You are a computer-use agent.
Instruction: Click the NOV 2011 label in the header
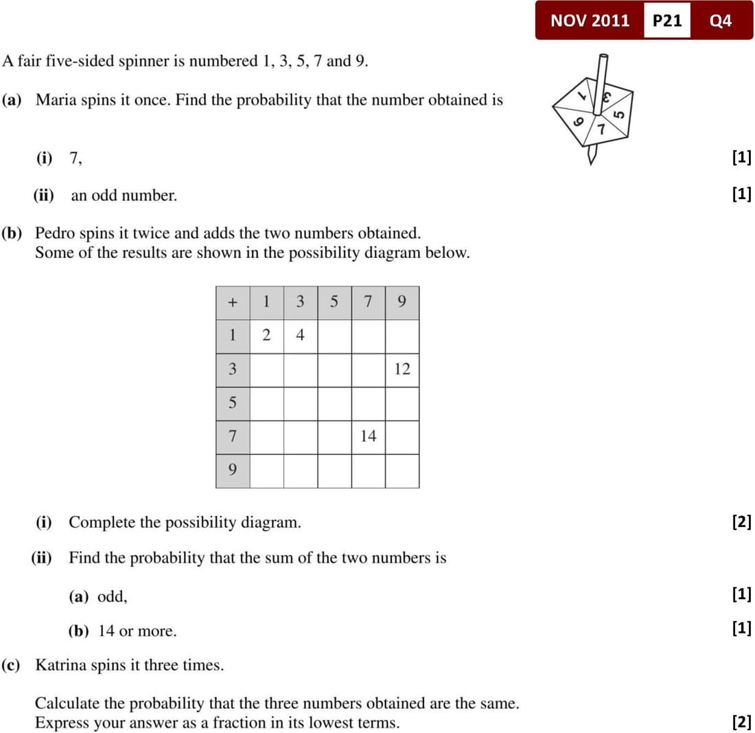590,21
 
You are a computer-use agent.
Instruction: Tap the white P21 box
666,21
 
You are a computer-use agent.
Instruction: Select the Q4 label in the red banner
721,21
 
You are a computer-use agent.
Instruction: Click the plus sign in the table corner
233,302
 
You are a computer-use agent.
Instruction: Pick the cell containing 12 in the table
402,369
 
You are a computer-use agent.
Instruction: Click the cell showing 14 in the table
369,437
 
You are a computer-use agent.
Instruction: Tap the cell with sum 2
266,336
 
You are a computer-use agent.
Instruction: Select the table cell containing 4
300,336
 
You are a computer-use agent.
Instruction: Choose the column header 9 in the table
402,302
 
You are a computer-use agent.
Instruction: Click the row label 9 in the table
233,470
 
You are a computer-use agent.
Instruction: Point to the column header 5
334,302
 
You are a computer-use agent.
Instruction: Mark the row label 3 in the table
233,369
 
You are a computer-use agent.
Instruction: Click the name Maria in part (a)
55,100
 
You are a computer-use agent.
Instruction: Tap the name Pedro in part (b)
55,233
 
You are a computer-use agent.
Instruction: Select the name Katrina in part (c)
60,665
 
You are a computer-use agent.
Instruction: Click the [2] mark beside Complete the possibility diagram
741,522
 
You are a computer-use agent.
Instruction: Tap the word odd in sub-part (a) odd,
111,596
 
